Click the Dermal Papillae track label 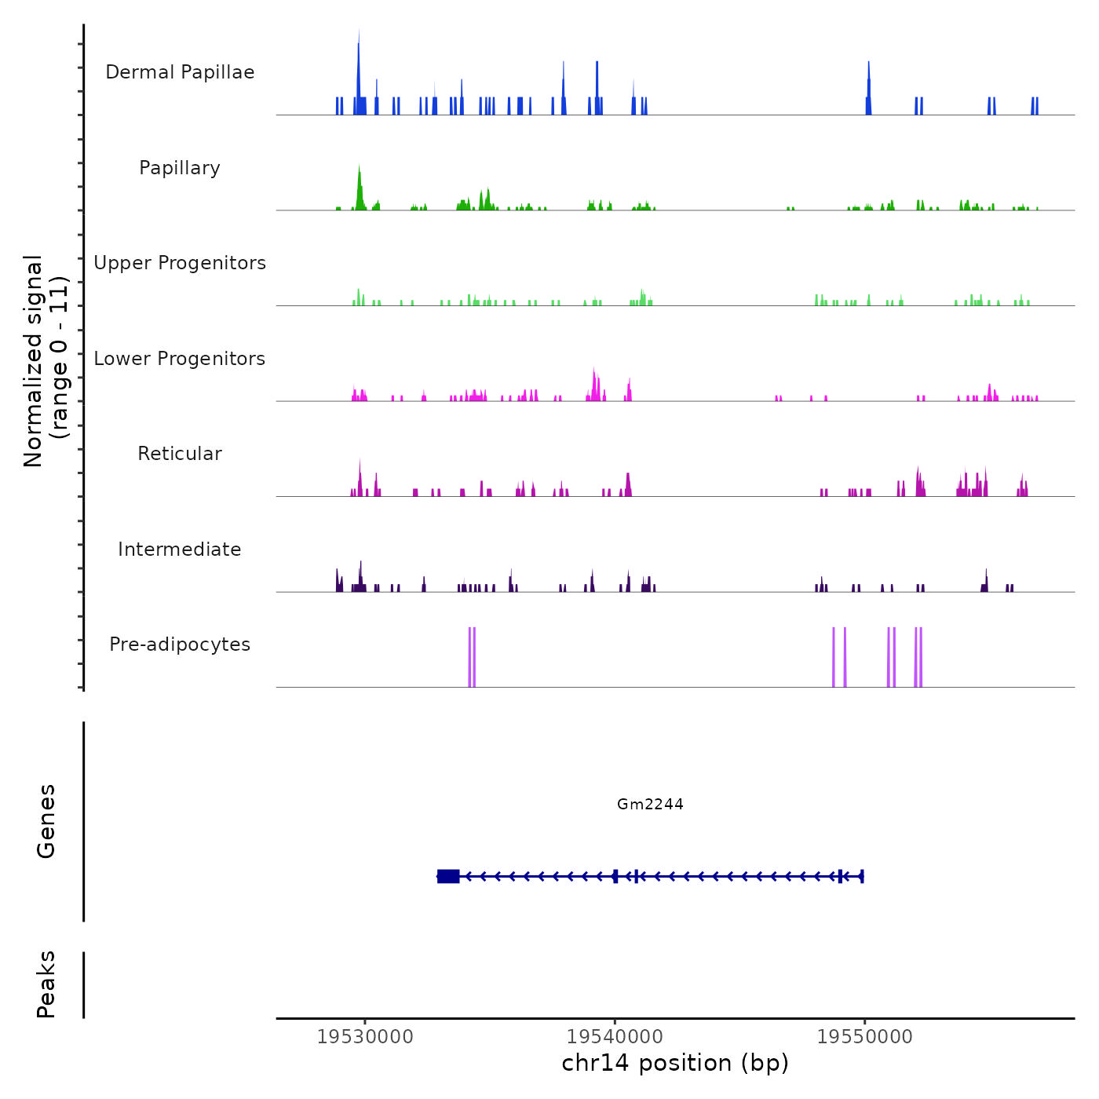click(180, 72)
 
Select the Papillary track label click(180, 168)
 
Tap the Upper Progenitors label click(180, 263)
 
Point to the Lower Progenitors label click(180, 359)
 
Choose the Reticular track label click(180, 454)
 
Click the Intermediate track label click(180, 549)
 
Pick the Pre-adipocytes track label click(180, 644)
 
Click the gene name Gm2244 click(650, 805)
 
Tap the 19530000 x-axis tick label click(365, 1037)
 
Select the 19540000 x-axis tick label click(615, 1037)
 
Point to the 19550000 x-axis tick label click(864, 1037)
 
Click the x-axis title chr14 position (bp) click(675, 1064)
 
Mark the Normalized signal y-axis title click(46, 360)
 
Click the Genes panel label click(46, 821)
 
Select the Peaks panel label click(46, 984)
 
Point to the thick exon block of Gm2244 click(448, 876)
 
